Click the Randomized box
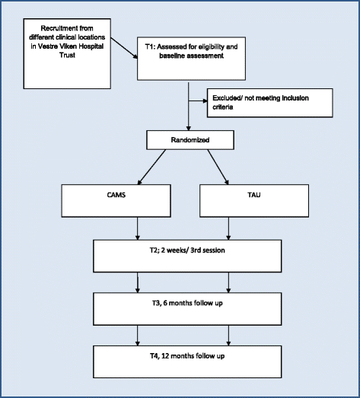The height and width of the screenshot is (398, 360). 190,140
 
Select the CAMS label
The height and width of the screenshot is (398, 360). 116,195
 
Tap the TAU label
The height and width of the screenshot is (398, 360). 254,195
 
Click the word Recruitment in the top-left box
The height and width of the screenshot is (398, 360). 56,28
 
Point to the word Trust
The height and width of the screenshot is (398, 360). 67,55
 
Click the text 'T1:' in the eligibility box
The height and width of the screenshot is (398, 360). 150,46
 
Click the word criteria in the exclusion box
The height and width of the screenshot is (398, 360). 223,107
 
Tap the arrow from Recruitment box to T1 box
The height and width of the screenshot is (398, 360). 124,48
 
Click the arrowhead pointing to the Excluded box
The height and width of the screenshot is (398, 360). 205,101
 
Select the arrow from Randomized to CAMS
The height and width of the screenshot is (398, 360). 151,167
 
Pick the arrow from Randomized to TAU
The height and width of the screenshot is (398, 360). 218,167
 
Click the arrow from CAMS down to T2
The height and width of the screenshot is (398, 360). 138,228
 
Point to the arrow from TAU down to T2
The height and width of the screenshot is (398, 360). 228,228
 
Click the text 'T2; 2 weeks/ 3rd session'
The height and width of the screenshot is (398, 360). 187,250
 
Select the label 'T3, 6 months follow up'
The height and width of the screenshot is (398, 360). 187,303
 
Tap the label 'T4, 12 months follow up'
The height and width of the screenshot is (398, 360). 187,356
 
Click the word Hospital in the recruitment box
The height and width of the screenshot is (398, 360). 92,46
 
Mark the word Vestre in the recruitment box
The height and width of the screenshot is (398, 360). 46,46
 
